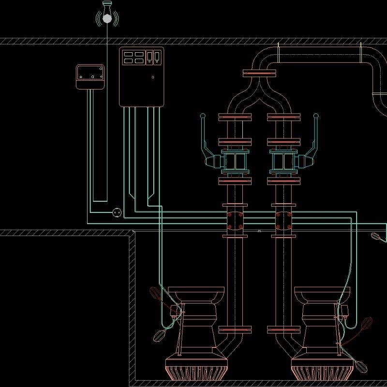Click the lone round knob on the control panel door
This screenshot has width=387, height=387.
153,77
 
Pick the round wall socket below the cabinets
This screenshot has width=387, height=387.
117,212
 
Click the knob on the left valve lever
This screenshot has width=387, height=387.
203,116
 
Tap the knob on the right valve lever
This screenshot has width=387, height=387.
316,116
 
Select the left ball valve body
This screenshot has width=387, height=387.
235,161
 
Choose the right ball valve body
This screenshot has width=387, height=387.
283,161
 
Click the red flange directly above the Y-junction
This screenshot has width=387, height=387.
259,73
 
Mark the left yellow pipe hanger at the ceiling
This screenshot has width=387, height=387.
279,53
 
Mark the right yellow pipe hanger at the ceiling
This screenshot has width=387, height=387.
360,53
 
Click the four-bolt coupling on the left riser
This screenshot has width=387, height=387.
235,221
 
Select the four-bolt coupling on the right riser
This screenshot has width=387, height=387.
283,221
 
